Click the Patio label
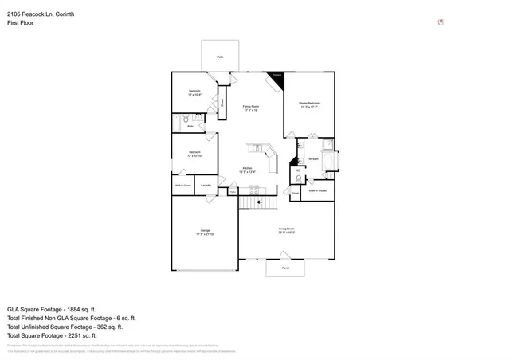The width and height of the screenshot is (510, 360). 221,57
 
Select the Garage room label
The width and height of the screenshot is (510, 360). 205,232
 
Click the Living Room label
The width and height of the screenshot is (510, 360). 287,231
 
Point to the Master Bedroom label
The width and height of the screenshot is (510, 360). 309,104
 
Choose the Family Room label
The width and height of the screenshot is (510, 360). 251,108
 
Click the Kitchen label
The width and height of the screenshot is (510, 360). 248,169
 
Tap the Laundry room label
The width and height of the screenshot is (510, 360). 206,186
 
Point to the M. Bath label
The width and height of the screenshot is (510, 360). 312,159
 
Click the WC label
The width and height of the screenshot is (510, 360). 297,170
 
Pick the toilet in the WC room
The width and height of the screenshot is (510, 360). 298,179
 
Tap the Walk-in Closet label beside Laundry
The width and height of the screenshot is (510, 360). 182,186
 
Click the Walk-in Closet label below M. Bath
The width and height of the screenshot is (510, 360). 317,190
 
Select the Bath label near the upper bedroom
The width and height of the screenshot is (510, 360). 190,127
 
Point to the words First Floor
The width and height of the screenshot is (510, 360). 21,23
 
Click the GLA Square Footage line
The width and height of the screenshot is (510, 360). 51,308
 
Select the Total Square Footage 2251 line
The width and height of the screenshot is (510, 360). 52,335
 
